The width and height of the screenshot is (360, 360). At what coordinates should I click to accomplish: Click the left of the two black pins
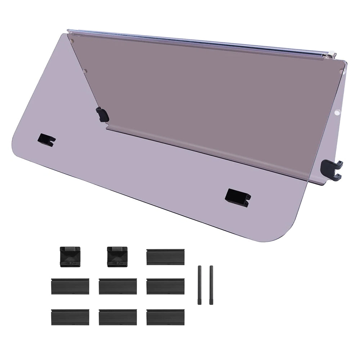point(199,285)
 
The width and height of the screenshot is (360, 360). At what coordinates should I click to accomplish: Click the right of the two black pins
point(211,285)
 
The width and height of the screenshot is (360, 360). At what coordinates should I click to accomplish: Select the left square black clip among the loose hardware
point(69,257)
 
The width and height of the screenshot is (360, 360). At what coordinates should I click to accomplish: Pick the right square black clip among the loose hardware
point(118,257)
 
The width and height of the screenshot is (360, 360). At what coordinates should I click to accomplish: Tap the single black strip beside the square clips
point(166,257)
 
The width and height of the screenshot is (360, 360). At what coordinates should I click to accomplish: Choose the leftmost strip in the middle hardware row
point(70,286)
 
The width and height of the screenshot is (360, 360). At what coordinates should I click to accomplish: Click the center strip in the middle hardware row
point(118,286)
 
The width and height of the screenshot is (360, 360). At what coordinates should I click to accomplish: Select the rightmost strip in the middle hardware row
point(166,286)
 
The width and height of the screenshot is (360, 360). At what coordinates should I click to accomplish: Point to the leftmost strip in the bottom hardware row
point(70,317)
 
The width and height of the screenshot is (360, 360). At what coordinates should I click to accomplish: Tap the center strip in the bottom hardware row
point(118,317)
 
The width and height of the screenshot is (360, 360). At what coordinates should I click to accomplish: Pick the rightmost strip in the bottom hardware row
point(166,317)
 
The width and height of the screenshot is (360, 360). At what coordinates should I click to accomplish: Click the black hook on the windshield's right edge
point(331,168)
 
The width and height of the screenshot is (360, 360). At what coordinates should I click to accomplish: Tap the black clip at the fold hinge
point(102,114)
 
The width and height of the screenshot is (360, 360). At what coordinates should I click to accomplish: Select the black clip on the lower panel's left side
point(46,140)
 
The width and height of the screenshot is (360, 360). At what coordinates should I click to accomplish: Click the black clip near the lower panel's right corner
point(238,197)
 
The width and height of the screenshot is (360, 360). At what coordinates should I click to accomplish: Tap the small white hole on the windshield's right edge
point(337,113)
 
